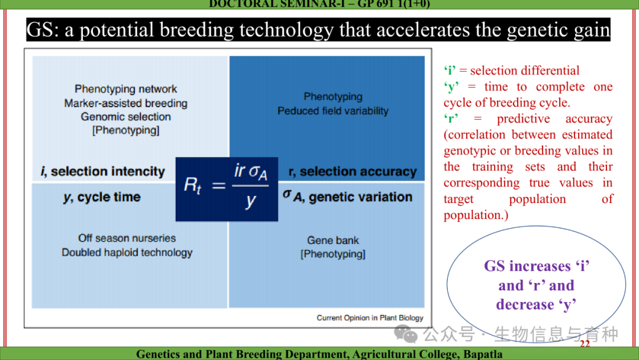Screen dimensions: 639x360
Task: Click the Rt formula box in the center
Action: click(x=227, y=189)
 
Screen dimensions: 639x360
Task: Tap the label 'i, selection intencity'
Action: click(x=103, y=172)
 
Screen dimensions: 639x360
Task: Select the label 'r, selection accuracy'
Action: click(x=353, y=172)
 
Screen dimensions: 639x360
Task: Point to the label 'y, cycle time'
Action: click(x=102, y=197)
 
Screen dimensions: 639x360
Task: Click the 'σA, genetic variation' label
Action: click(x=348, y=197)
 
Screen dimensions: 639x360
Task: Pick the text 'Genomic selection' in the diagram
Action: click(x=125, y=117)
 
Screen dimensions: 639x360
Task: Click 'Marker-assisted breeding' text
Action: click(x=125, y=103)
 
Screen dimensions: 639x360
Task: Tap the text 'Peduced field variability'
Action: click(x=333, y=111)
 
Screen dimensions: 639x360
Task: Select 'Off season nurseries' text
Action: click(x=127, y=238)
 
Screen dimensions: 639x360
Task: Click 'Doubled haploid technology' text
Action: click(x=127, y=253)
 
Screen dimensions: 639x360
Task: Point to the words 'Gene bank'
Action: click(x=333, y=240)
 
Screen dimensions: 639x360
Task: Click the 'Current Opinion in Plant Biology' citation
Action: click(x=370, y=318)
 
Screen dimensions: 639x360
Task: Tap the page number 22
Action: click(x=585, y=343)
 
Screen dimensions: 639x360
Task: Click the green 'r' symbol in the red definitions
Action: click(x=451, y=118)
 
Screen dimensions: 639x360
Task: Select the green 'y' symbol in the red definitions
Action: click(x=451, y=87)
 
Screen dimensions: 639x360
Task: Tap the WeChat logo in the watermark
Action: click(x=406, y=334)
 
